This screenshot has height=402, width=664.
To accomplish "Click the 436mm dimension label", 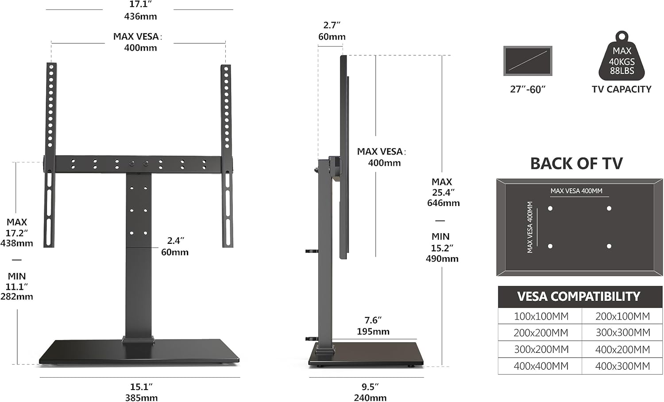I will (x=140, y=16).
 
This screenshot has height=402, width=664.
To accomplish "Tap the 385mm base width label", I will (x=141, y=398).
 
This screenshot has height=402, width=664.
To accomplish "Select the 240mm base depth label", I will (x=370, y=398).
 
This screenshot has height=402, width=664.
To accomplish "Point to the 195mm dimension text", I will (x=373, y=332).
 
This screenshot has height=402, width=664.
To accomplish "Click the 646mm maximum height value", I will (x=443, y=203).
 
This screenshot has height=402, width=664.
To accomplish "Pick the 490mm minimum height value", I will (x=442, y=259).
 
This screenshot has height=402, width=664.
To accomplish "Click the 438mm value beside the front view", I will (x=17, y=243).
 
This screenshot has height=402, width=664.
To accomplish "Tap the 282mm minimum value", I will (x=17, y=297).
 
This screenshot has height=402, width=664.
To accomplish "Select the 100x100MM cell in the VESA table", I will (x=541, y=316).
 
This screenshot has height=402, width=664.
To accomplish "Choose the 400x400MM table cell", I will (x=541, y=366).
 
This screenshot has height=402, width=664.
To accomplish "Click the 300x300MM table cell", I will (x=622, y=333).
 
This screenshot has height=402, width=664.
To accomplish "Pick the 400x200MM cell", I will (x=622, y=350).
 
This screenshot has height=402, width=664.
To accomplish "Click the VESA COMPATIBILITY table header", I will (x=579, y=297).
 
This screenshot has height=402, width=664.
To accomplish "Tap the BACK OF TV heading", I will (x=576, y=164).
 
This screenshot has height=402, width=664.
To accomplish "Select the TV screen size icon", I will (x=528, y=61).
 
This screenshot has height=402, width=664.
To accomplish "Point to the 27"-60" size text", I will (x=528, y=90).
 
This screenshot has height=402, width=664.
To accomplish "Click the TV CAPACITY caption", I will (x=622, y=90).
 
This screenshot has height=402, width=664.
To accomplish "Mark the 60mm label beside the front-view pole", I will (x=175, y=252).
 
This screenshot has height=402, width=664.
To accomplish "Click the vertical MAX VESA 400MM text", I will (x=530, y=227).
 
